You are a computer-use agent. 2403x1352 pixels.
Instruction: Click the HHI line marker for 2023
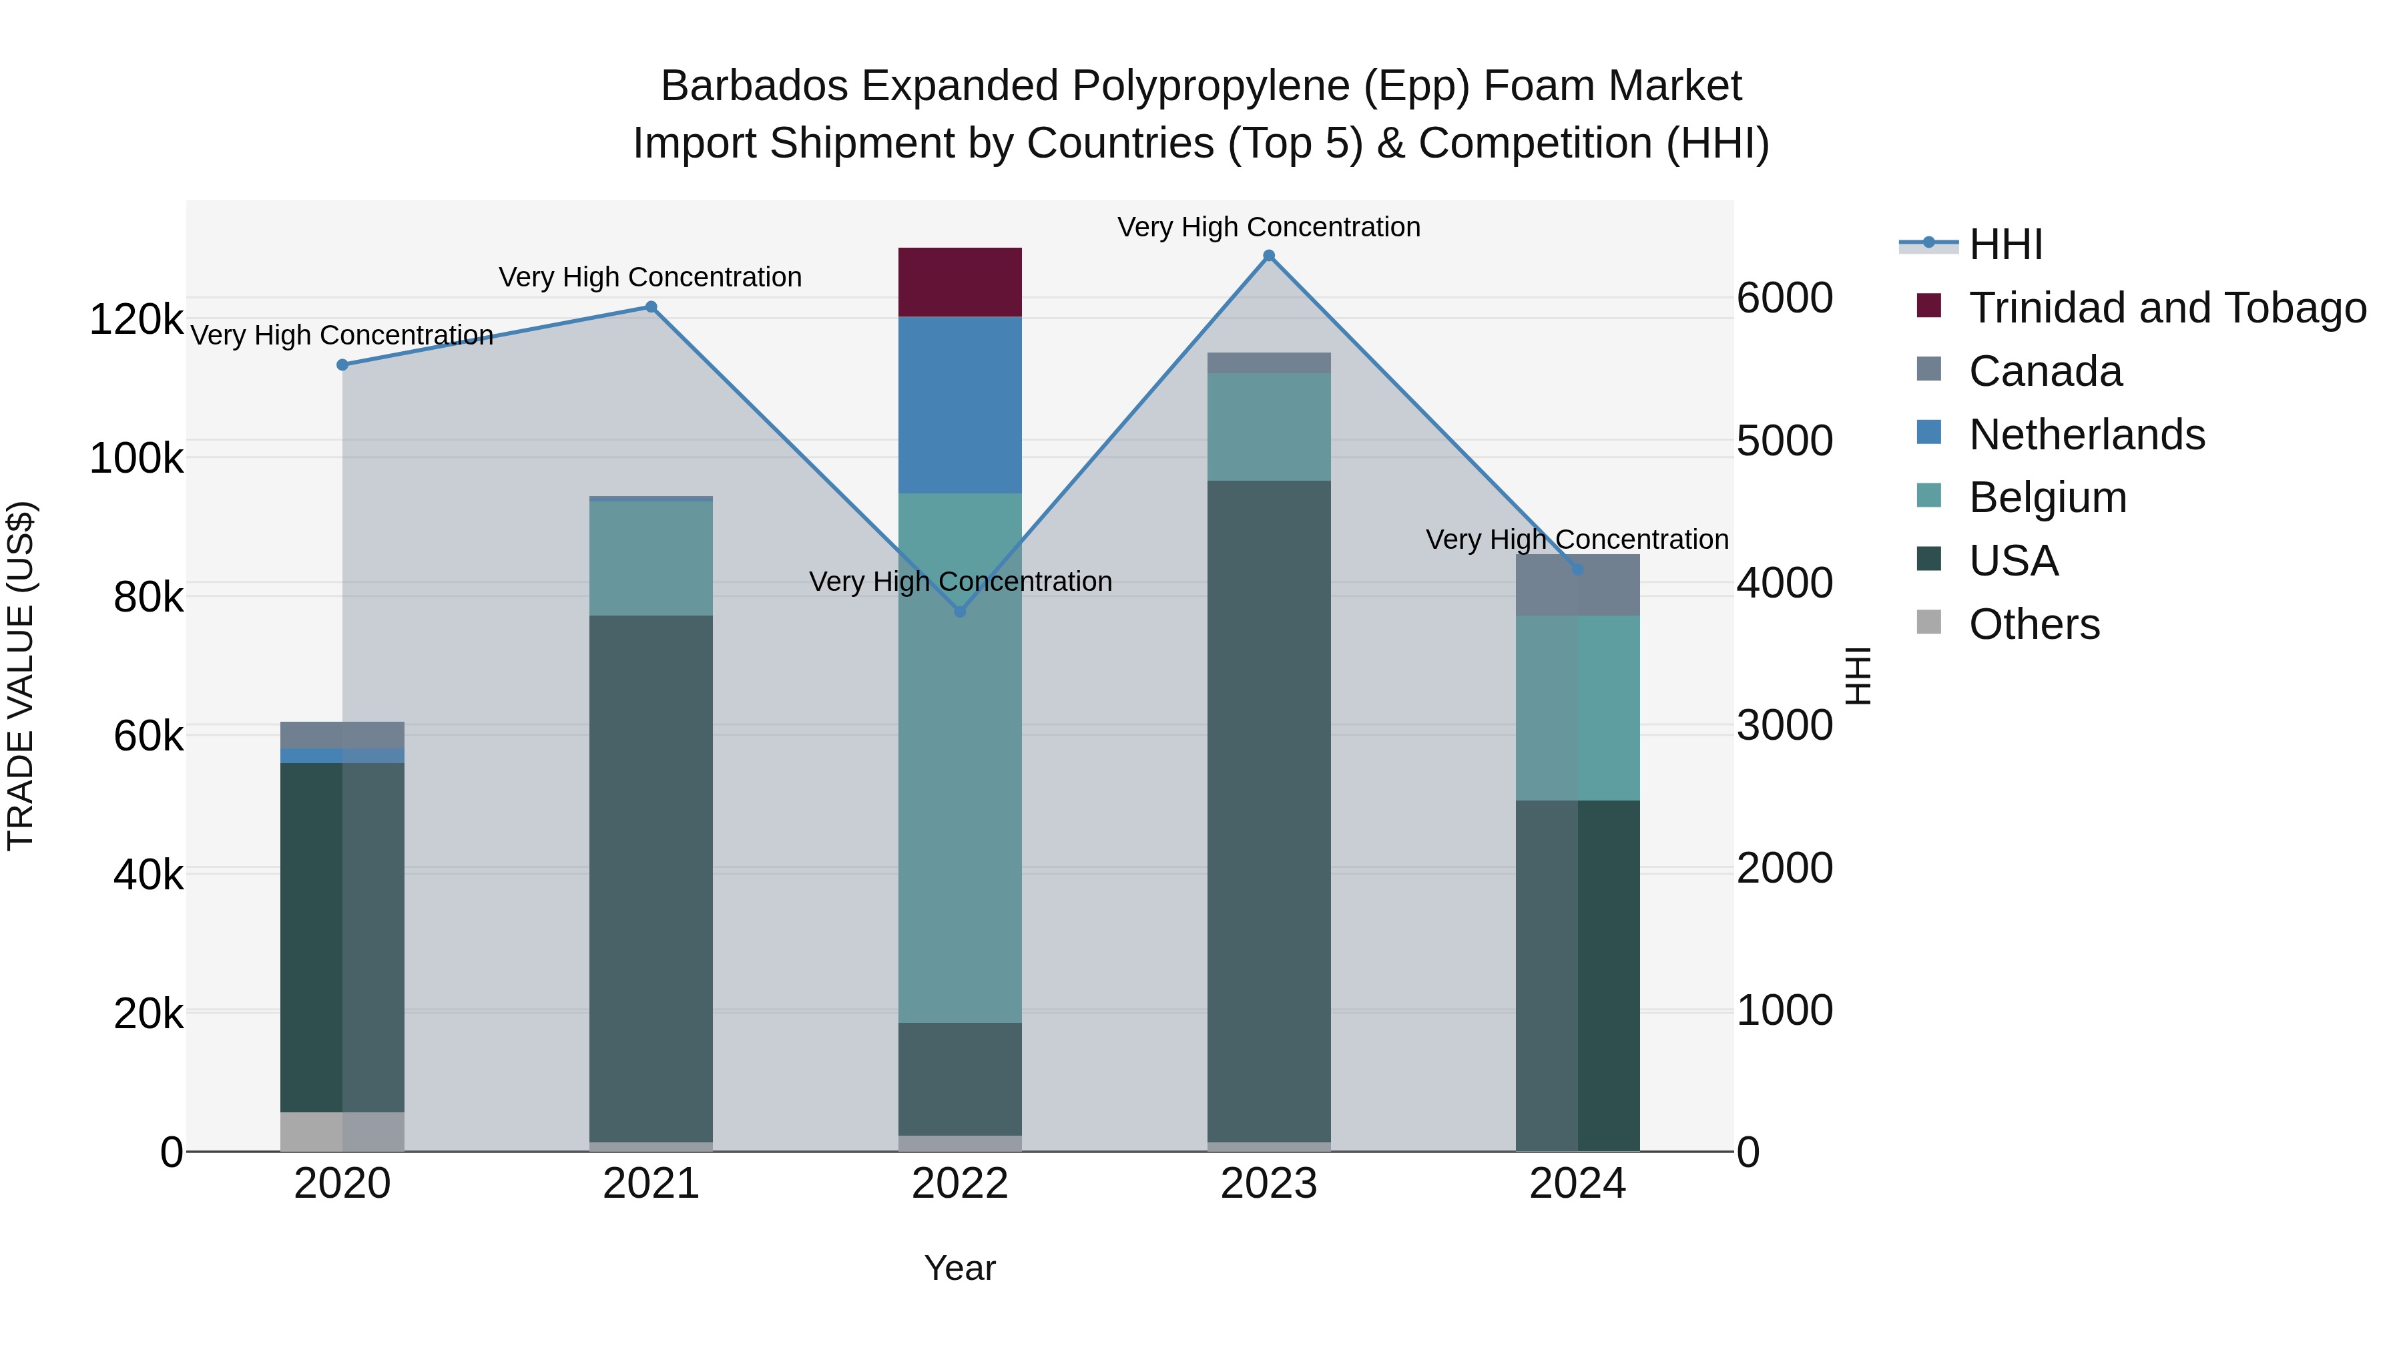(x=1269, y=256)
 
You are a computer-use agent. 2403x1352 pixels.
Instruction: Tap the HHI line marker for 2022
(x=960, y=611)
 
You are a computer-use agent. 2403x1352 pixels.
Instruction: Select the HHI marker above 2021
(x=651, y=307)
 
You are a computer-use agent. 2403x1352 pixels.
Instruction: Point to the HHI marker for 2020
(x=342, y=365)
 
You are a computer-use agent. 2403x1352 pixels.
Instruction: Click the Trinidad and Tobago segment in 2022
(x=960, y=282)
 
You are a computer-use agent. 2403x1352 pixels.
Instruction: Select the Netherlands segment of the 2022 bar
(x=960, y=405)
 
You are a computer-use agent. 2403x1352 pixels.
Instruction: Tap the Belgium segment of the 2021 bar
(x=651, y=558)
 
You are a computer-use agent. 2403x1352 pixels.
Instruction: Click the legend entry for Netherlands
(x=2086, y=435)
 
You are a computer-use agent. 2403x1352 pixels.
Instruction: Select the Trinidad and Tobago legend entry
(x=2167, y=308)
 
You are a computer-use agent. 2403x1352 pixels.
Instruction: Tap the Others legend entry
(x=2034, y=624)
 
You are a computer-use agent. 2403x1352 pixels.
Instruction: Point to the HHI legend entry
(x=2006, y=244)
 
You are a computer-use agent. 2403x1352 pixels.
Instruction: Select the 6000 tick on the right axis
(x=1784, y=298)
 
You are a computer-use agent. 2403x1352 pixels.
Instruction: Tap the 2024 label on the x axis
(x=1577, y=1184)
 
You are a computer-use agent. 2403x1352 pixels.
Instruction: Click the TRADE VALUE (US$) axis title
(x=21, y=676)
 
